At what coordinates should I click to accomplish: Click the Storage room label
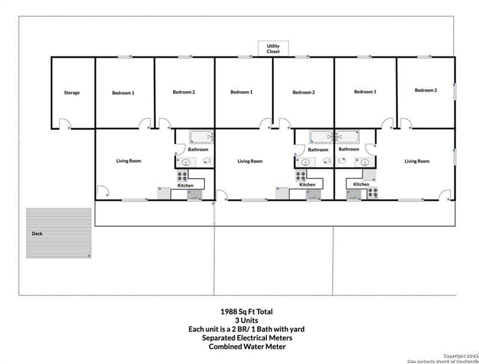coord(72,92)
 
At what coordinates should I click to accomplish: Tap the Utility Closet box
coord(273,49)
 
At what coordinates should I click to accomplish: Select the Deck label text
coord(37,233)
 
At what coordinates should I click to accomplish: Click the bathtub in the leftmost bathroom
coord(201,137)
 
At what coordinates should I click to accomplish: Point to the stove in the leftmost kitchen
coord(182,176)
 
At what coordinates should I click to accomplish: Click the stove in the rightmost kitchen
coord(372,192)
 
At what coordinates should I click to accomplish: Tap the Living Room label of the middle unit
coord(250,161)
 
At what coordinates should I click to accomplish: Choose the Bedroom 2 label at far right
coord(426,90)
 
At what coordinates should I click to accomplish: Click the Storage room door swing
coord(65,124)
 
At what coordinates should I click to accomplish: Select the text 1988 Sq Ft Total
coord(247,312)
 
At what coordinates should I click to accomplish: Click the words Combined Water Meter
coord(247,347)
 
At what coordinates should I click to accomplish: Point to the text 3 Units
coord(247,320)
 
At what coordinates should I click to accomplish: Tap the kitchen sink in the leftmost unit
coord(195,195)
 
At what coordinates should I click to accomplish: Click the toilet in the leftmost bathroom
coord(207,160)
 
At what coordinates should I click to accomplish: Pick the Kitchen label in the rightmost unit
coord(361,184)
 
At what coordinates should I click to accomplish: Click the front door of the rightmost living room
coord(444,195)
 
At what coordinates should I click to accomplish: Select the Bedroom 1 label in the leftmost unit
coord(123,93)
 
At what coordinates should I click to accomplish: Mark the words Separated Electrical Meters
coord(247,338)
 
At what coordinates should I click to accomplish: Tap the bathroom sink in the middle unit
coord(304,162)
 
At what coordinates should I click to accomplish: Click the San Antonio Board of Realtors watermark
coord(442,361)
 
